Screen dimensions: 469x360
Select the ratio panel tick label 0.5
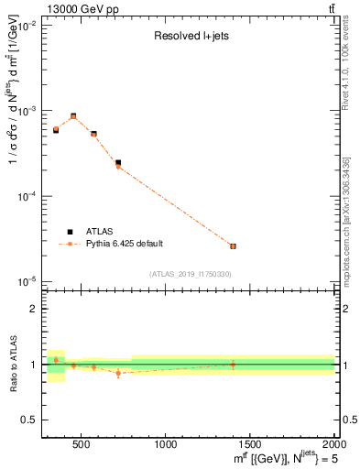click(x=27, y=420)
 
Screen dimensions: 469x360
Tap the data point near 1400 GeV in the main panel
click(x=233, y=246)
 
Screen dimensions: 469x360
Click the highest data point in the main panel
click(x=73, y=116)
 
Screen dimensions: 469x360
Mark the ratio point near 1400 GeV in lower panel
click(x=233, y=364)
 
